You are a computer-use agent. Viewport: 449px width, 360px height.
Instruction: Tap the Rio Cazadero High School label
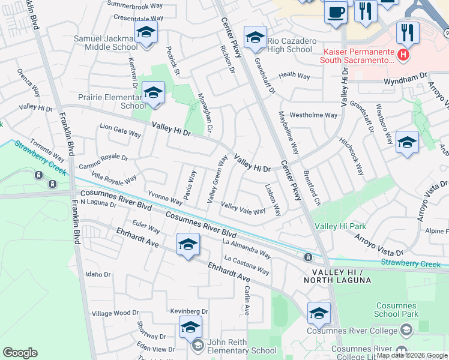click(x=291, y=45)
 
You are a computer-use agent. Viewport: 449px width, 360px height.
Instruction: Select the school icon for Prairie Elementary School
click(x=154, y=93)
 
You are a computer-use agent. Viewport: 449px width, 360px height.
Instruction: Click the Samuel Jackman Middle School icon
click(x=146, y=32)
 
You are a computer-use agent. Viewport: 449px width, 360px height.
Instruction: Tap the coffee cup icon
click(x=336, y=11)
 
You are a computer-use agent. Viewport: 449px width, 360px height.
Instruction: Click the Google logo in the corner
click(x=20, y=353)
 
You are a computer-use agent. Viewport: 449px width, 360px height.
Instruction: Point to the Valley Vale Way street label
click(x=244, y=209)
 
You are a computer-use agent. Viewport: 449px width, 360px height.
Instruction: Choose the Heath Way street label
click(x=294, y=76)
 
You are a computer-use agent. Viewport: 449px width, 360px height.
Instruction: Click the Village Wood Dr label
click(x=115, y=313)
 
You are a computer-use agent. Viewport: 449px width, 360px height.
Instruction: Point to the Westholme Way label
click(x=313, y=115)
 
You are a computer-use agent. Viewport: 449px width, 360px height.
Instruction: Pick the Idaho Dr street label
click(x=98, y=274)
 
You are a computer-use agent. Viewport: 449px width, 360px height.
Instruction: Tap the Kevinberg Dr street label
click(x=188, y=312)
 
